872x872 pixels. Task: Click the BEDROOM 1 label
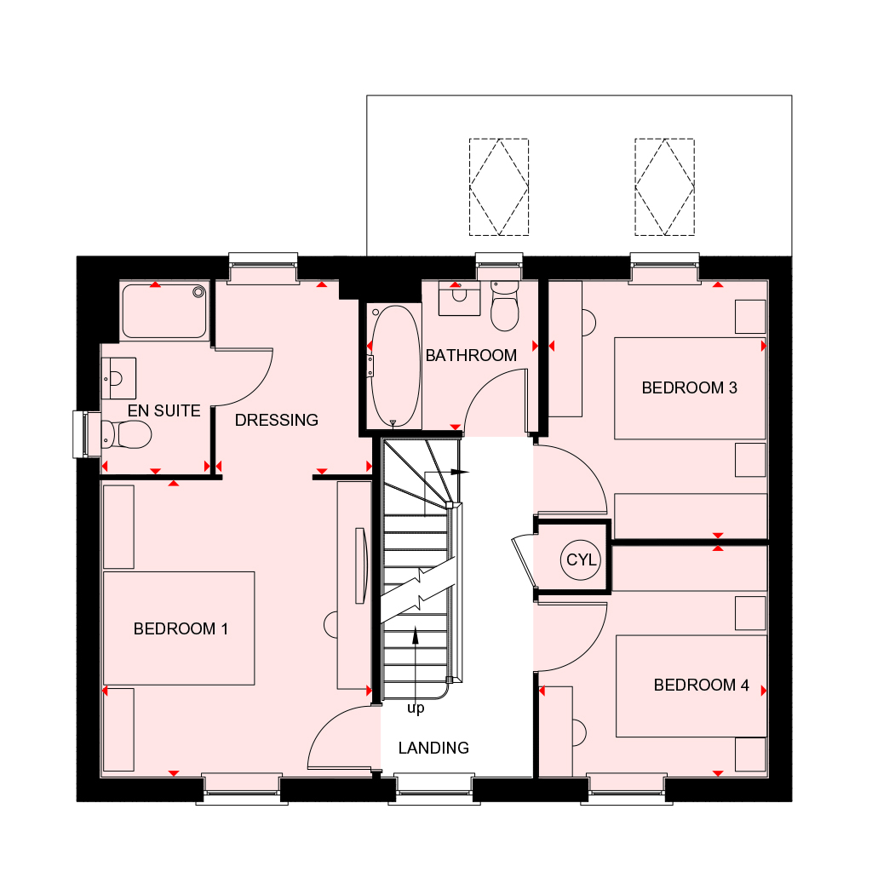tap(181, 629)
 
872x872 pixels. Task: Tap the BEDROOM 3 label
tap(689, 387)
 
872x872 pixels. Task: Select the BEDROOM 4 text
tap(702, 685)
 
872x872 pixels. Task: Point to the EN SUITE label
tap(164, 411)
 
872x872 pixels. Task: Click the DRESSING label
tap(277, 420)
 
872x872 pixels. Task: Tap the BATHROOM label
tap(471, 355)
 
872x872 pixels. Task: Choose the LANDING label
tap(433, 748)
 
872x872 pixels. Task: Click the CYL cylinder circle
tap(581, 559)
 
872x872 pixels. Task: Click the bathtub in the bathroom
tap(394, 366)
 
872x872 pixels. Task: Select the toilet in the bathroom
tap(504, 306)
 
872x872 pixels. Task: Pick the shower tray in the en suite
tap(164, 311)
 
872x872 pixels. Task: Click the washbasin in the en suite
tap(118, 378)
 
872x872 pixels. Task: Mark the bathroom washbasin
tap(459, 298)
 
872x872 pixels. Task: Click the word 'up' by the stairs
tap(416, 708)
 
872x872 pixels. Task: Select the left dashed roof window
tap(499, 186)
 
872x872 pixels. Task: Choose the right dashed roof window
tap(664, 186)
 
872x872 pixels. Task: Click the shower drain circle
tap(198, 292)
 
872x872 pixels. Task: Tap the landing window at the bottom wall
tap(434, 789)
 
